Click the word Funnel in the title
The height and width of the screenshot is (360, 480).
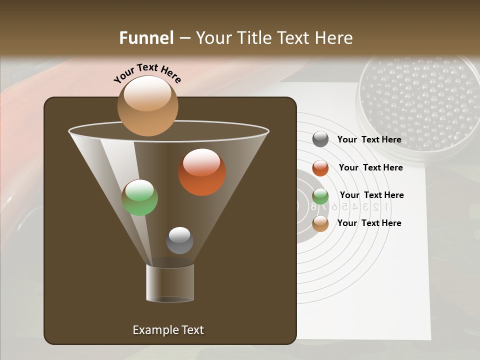click(146, 38)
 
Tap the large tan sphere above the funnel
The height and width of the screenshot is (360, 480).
click(147, 106)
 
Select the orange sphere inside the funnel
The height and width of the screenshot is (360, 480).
click(202, 172)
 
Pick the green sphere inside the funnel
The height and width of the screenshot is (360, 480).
click(140, 197)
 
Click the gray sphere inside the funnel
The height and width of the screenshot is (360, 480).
click(179, 240)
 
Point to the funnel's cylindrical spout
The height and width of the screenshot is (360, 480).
click(170, 283)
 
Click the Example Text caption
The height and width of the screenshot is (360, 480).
click(168, 330)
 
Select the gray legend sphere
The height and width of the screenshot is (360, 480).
click(320, 139)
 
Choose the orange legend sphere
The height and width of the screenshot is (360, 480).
click(320, 168)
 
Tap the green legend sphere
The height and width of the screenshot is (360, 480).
click(320, 196)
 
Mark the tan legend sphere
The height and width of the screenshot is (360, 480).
click(320, 223)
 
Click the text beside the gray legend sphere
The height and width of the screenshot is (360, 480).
click(369, 140)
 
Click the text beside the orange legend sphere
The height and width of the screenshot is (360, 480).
click(370, 167)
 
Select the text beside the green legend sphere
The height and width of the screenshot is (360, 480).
click(371, 195)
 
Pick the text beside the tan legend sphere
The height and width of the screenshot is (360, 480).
click(369, 223)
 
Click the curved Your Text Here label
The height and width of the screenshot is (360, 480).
click(147, 73)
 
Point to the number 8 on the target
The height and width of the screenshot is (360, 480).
click(314, 206)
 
